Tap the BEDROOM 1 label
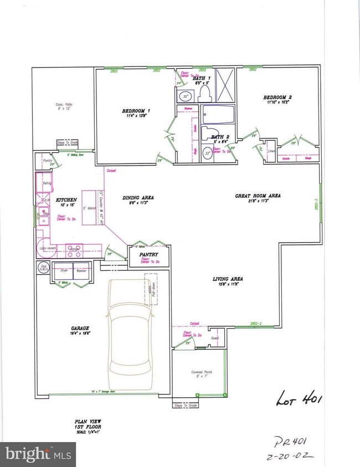[x=136, y=111]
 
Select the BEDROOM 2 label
[x=277, y=97]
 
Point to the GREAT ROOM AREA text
[x=258, y=196]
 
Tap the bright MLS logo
[x=38, y=454]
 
